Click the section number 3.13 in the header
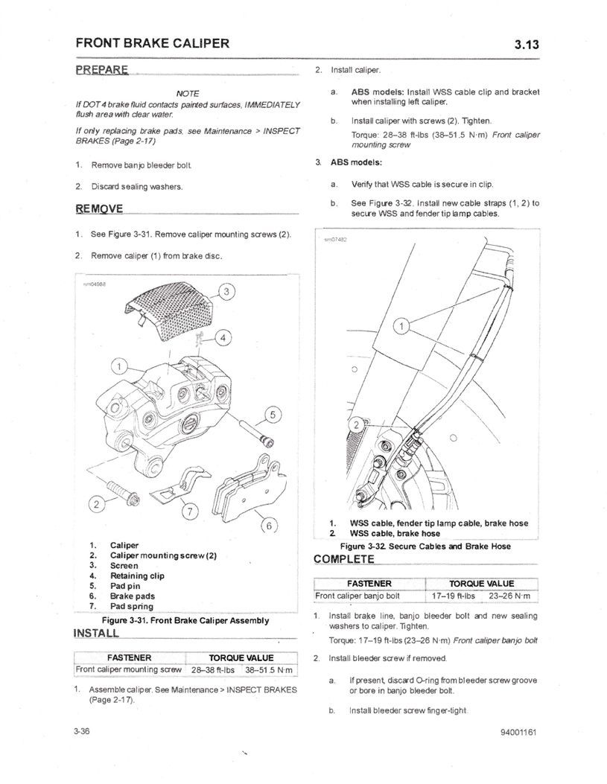coord(526,44)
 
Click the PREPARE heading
coord(102,70)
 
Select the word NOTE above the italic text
coord(188,93)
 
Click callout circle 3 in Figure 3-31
coord(227,290)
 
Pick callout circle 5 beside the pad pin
coord(272,415)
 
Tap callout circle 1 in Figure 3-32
coord(402,326)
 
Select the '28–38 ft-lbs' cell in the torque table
coord(213,670)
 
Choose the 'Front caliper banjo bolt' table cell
coord(358,596)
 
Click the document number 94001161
coord(519,732)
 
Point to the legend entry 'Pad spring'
coord(132,606)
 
